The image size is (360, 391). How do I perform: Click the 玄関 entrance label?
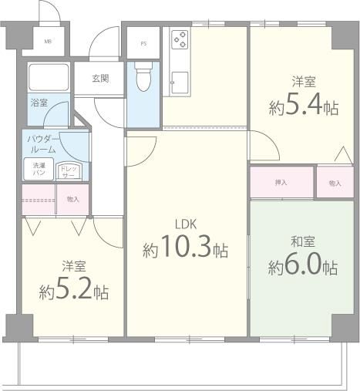coord(100,78)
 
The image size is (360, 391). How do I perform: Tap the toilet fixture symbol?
coord(143,76)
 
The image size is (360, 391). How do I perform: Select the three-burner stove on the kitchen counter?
coord(180,39)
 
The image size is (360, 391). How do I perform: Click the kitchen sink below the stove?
coord(180,83)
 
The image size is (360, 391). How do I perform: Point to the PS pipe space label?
coord(143,44)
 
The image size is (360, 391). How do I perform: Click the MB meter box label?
coord(48,42)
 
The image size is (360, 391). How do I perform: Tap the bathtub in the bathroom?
coord(49,77)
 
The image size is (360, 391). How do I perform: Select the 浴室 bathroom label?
coord(39,103)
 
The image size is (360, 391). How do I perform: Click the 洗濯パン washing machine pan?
coord(39,169)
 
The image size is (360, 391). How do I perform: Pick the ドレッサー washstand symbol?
coord(69,171)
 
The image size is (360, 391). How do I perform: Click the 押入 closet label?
coord(281,183)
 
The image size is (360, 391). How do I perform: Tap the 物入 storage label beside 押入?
coord(335,183)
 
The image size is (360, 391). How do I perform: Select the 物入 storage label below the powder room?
coord(73,199)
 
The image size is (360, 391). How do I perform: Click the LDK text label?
coord(186,224)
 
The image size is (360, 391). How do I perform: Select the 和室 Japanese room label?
coord(303,241)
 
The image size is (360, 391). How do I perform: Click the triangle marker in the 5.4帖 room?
coord(343,154)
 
